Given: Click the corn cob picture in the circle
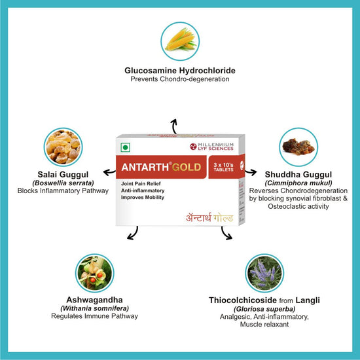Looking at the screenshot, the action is (180, 41).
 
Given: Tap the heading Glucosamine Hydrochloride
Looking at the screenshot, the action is (180, 71).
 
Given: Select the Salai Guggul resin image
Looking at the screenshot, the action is (63, 147).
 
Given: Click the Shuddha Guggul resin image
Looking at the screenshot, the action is (298, 147).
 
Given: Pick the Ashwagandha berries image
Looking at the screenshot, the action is (95, 273).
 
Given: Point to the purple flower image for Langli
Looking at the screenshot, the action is (264, 273).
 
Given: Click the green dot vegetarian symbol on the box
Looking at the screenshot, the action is (126, 147).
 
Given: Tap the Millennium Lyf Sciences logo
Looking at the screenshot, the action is (211, 147).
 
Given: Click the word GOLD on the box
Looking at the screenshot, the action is (187, 167).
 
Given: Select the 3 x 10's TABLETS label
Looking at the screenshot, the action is (223, 167).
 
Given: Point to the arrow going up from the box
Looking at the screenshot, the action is (174, 126).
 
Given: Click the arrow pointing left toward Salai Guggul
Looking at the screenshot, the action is (109, 172).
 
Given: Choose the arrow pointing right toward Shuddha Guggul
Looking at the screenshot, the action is (251, 172).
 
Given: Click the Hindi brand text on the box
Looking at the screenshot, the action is (209, 217).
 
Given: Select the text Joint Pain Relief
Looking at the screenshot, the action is (141, 184).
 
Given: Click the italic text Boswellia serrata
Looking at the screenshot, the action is (63, 183).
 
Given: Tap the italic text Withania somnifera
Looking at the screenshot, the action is (95, 308).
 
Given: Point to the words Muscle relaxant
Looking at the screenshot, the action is (264, 325).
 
